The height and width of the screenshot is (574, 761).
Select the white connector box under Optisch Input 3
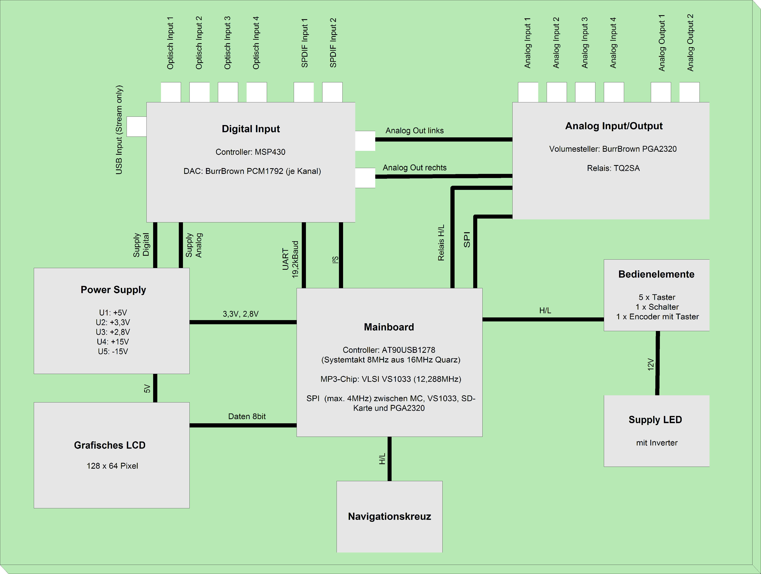pos(228,92)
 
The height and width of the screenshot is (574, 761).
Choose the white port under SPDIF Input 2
pos(332,92)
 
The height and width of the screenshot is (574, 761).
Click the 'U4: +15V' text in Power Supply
pos(113,342)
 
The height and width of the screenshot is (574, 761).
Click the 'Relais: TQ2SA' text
pos(613,168)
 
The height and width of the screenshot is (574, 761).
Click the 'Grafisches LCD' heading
pos(110,445)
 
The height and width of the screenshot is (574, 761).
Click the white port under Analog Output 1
pos(661,92)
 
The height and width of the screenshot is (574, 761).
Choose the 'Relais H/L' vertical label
pos(441,243)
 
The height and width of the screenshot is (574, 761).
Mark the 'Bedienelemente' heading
pos(656,274)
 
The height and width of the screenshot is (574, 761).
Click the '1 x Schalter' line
pos(657,307)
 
